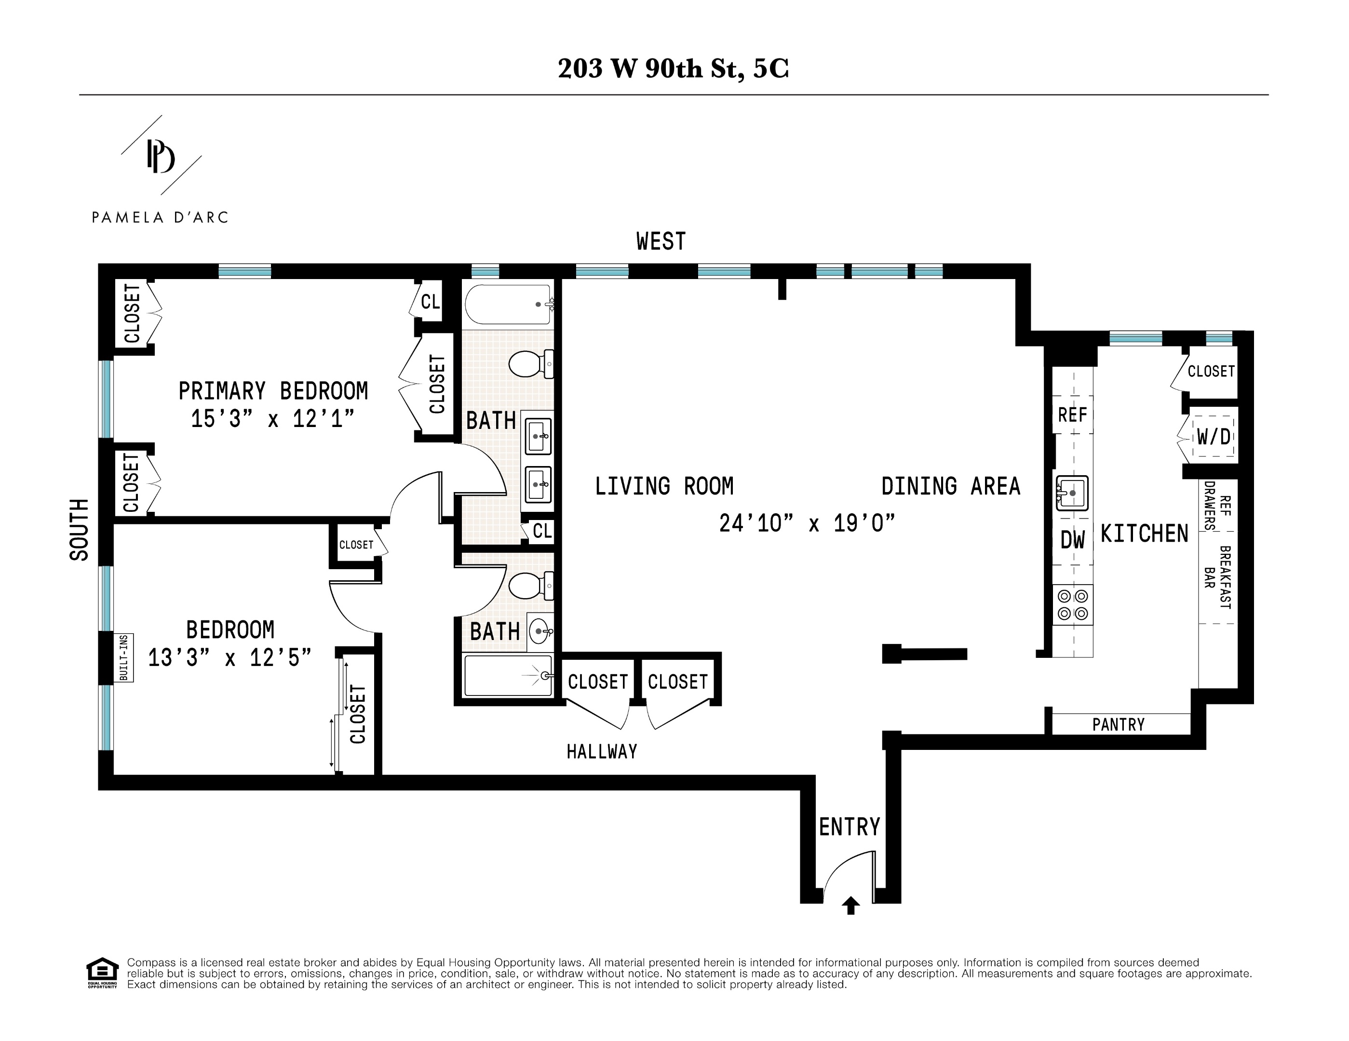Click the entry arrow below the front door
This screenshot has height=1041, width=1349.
850,905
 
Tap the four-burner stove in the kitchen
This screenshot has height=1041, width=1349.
1072,605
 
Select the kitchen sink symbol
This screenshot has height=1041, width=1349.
1072,493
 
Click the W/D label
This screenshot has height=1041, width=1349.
1213,437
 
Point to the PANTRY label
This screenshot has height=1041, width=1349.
1118,724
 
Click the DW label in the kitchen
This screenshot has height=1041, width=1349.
1072,540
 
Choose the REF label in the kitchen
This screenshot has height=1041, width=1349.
1072,415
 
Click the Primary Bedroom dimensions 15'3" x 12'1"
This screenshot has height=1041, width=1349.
272,419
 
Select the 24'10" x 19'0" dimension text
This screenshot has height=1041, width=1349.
807,523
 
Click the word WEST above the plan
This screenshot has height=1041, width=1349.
661,241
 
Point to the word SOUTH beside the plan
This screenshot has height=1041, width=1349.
79,530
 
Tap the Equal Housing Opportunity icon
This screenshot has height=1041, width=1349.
102,973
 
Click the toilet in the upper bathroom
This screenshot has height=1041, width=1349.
529,364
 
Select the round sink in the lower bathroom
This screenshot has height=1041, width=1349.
540,631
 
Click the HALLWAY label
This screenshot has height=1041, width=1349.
602,751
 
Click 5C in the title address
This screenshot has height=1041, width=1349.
771,68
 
